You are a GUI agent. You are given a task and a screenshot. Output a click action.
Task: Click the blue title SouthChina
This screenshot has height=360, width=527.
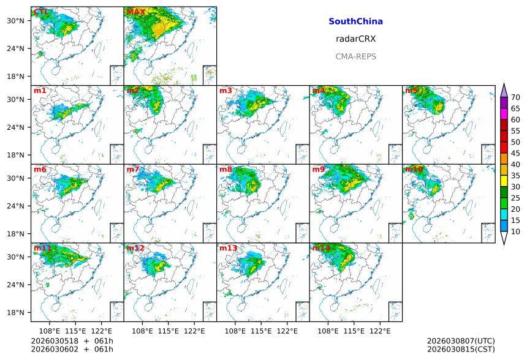(x=355, y=21)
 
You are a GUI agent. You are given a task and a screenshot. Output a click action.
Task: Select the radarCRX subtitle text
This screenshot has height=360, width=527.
(x=355, y=39)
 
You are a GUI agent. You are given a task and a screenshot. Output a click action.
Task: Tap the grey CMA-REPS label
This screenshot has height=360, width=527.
(x=355, y=56)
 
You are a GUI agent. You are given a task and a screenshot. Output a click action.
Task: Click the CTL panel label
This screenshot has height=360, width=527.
(x=42, y=12)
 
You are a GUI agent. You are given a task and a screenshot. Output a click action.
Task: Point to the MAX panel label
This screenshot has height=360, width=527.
(x=135, y=12)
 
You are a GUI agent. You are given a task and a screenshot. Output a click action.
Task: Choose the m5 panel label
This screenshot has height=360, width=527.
(x=411, y=91)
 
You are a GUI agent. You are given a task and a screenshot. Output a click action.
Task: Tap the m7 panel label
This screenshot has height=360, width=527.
(x=133, y=170)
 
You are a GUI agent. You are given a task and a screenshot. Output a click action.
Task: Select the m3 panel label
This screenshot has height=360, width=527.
(x=226, y=91)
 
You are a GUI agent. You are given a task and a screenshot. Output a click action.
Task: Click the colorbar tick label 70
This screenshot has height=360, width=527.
(x=515, y=97)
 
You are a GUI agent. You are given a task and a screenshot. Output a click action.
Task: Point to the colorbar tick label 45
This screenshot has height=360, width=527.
(x=515, y=153)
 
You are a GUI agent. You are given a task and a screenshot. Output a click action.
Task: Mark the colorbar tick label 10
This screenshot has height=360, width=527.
(x=515, y=231)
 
